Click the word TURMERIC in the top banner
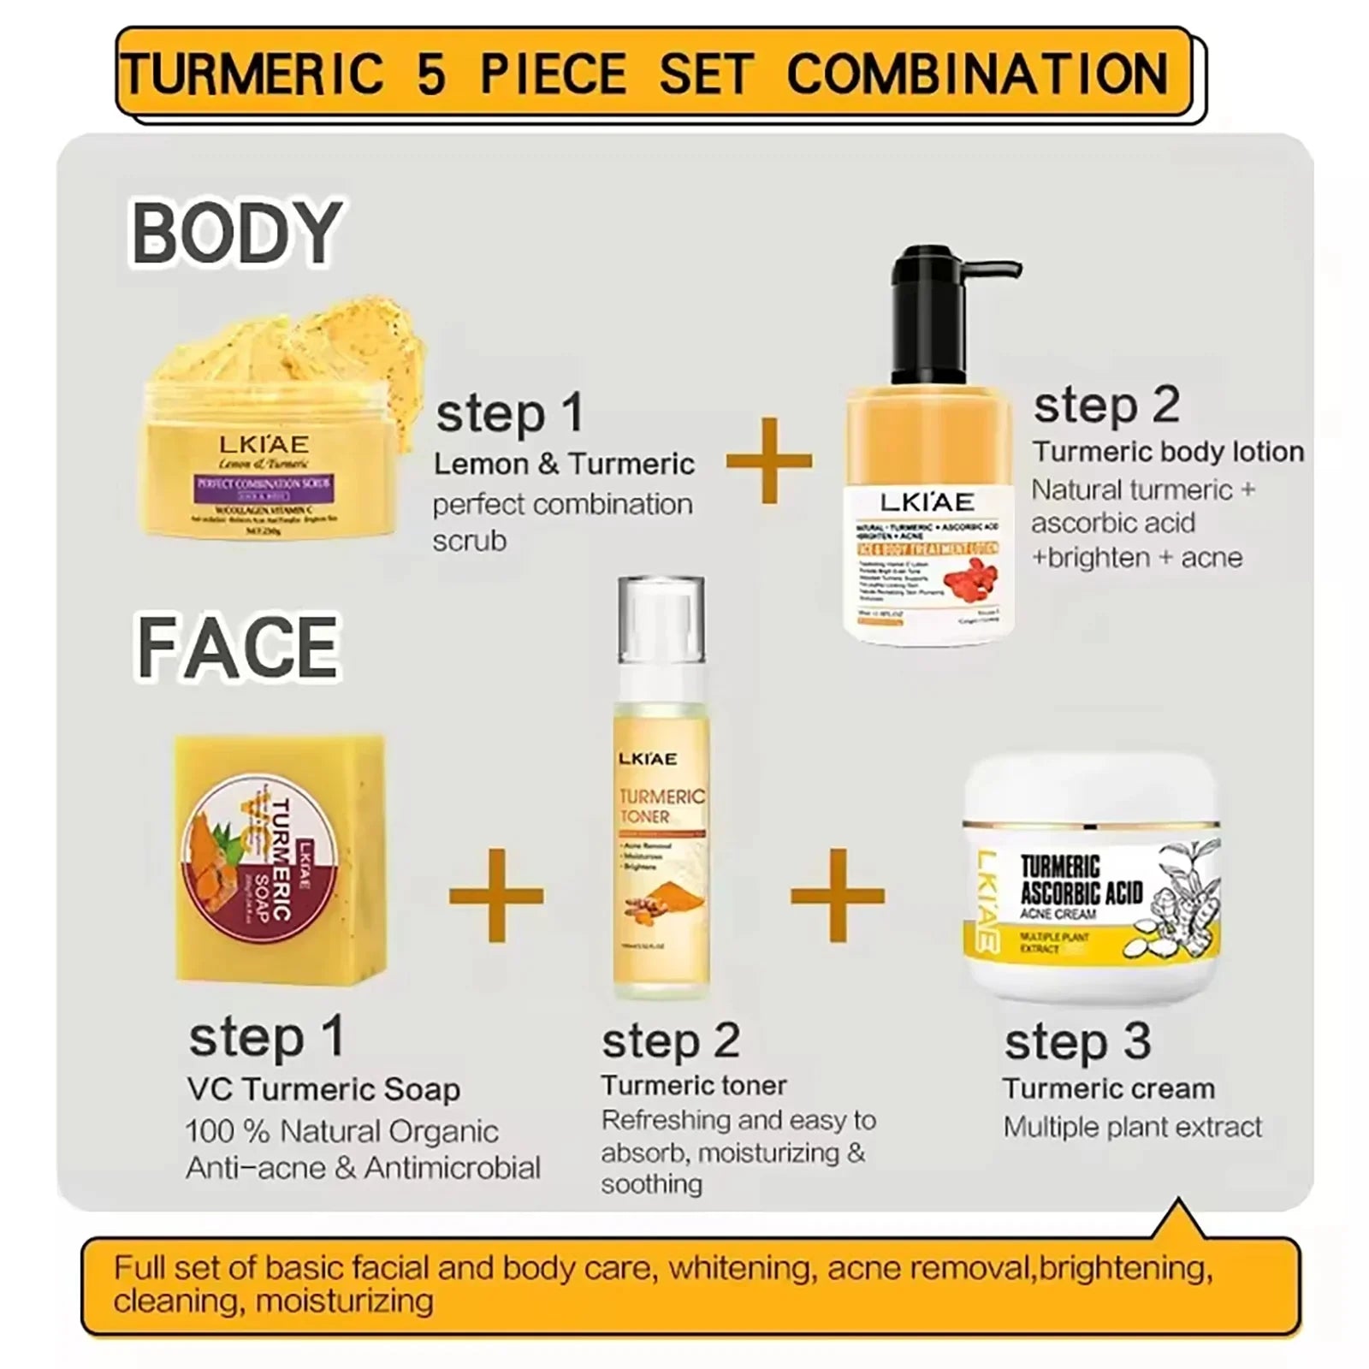252,74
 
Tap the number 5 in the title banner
431,74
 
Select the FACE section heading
238,648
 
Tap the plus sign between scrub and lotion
768,460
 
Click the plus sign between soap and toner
496,895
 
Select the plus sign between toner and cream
837,895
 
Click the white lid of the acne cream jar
1091,787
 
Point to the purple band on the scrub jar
264,483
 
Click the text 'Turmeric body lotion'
1167,452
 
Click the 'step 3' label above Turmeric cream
1077,1041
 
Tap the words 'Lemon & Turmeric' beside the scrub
564,464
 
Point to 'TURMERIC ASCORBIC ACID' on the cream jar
1081,880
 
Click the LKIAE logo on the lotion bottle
927,502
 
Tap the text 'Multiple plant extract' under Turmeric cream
1132,1127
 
